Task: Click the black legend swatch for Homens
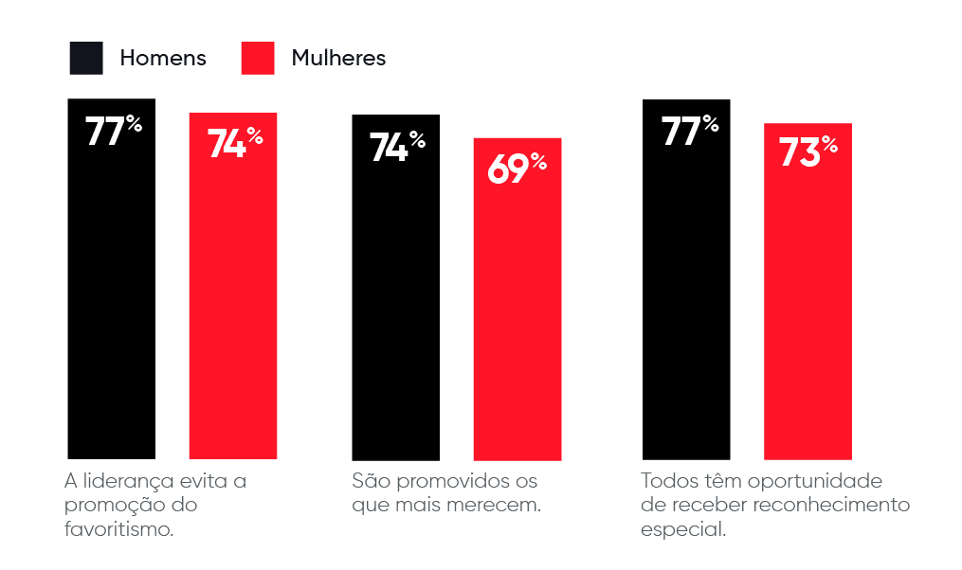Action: coord(86,58)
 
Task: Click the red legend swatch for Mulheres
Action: coord(258,58)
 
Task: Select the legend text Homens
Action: coord(162,58)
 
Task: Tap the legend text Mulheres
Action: coord(338,58)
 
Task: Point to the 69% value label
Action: coord(517,168)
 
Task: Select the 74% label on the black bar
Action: coord(396,147)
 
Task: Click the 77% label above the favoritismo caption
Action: coord(113,131)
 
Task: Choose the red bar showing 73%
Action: coord(808,312)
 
